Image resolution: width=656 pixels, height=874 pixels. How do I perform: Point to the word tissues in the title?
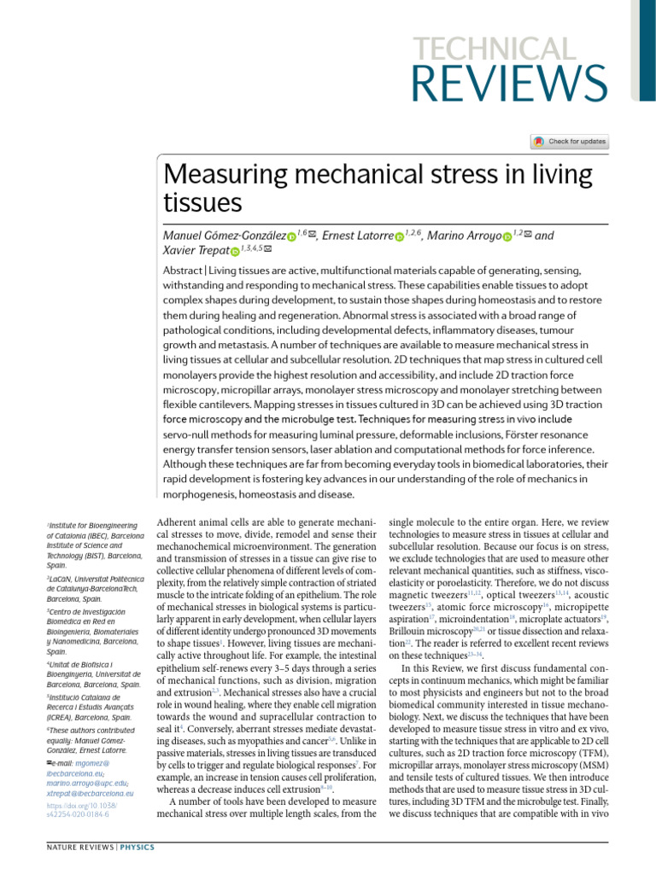[x=202, y=203]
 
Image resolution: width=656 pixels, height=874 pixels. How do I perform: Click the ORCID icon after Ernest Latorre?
[x=399, y=236]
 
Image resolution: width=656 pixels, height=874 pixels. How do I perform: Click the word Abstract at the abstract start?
[x=183, y=271]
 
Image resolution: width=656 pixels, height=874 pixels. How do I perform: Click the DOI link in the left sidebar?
[x=82, y=810]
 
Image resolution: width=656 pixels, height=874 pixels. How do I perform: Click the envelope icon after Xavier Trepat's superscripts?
[x=269, y=249]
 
